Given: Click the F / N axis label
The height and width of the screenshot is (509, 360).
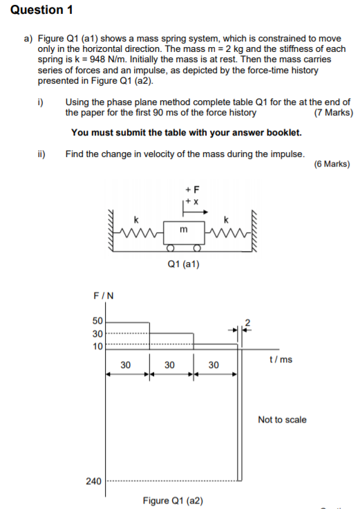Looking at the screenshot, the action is pyautogui.click(x=104, y=296).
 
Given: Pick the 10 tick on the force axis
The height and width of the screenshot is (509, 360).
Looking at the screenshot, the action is pyautogui.click(x=96, y=346).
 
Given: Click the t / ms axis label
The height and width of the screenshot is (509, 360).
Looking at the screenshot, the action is pyautogui.click(x=280, y=360).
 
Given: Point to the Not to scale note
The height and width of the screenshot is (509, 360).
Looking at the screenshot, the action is pyautogui.click(x=282, y=420).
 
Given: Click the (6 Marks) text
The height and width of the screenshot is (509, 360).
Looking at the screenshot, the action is pyautogui.click(x=332, y=164).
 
